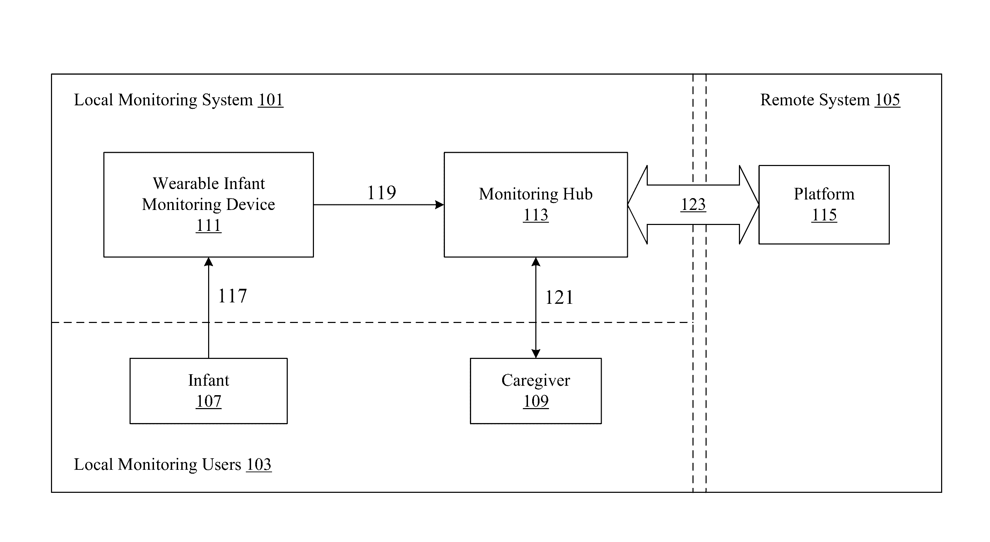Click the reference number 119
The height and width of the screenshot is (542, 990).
pyautogui.click(x=382, y=193)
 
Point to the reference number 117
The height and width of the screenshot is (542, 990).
pyautogui.click(x=233, y=296)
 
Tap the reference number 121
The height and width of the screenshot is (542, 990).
pyautogui.click(x=559, y=298)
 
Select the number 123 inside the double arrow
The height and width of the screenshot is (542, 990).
pyautogui.click(x=693, y=204)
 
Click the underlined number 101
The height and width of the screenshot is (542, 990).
pyautogui.click(x=271, y=100)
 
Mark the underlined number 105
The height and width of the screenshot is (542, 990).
pyautogui.click(x=887, y=100)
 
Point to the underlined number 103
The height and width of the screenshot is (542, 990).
pyautogui.click(x=259, y=465)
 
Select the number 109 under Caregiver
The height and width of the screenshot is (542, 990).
pyautogui.click(x=536, y=401)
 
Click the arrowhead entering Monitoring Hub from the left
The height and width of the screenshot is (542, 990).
pyautogui.click(x=439, y=205)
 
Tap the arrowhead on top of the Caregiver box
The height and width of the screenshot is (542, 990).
pyautogui.click(x=536, y=354)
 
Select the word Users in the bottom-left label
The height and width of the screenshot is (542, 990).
pyautogui.click(x=222, y=465)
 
